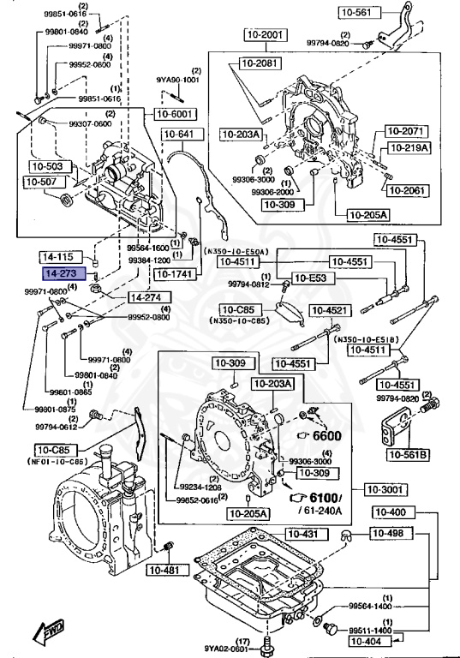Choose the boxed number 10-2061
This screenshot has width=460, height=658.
tap(403, 189)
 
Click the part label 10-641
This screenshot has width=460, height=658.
tap(179, 134)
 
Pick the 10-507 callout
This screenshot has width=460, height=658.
tap(39, 182)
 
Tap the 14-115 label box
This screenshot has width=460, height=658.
tap(60, 256)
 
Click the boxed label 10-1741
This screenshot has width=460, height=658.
tap(176, 273)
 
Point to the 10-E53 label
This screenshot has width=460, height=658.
tap(308, 278)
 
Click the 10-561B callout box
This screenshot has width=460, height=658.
tap(409, 454)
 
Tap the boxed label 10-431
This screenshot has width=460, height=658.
tap(302, 534)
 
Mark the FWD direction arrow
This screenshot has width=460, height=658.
tap(47, 632)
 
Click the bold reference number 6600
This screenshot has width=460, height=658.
tap(326, 435)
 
